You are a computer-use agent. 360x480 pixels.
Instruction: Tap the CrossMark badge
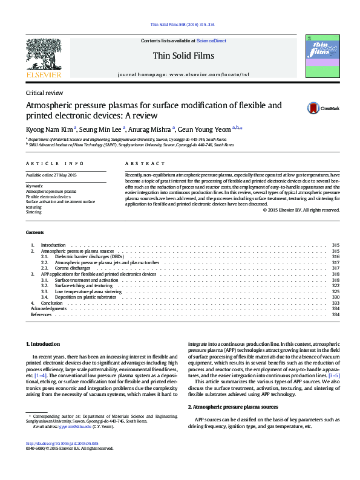(322, 108)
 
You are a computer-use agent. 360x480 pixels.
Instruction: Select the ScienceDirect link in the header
(211, 41)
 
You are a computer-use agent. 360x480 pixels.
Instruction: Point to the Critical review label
(44, 93)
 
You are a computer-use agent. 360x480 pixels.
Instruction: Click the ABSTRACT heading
(145, 164)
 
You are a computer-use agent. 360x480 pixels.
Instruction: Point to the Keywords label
(34, 186)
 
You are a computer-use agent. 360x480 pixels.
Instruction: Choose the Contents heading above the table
(34, 233)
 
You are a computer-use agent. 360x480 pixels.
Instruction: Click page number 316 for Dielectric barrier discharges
(336, 256)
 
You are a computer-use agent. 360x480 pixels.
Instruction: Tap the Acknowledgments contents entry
(48, 308)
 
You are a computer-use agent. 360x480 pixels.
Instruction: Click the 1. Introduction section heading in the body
(42, 344)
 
